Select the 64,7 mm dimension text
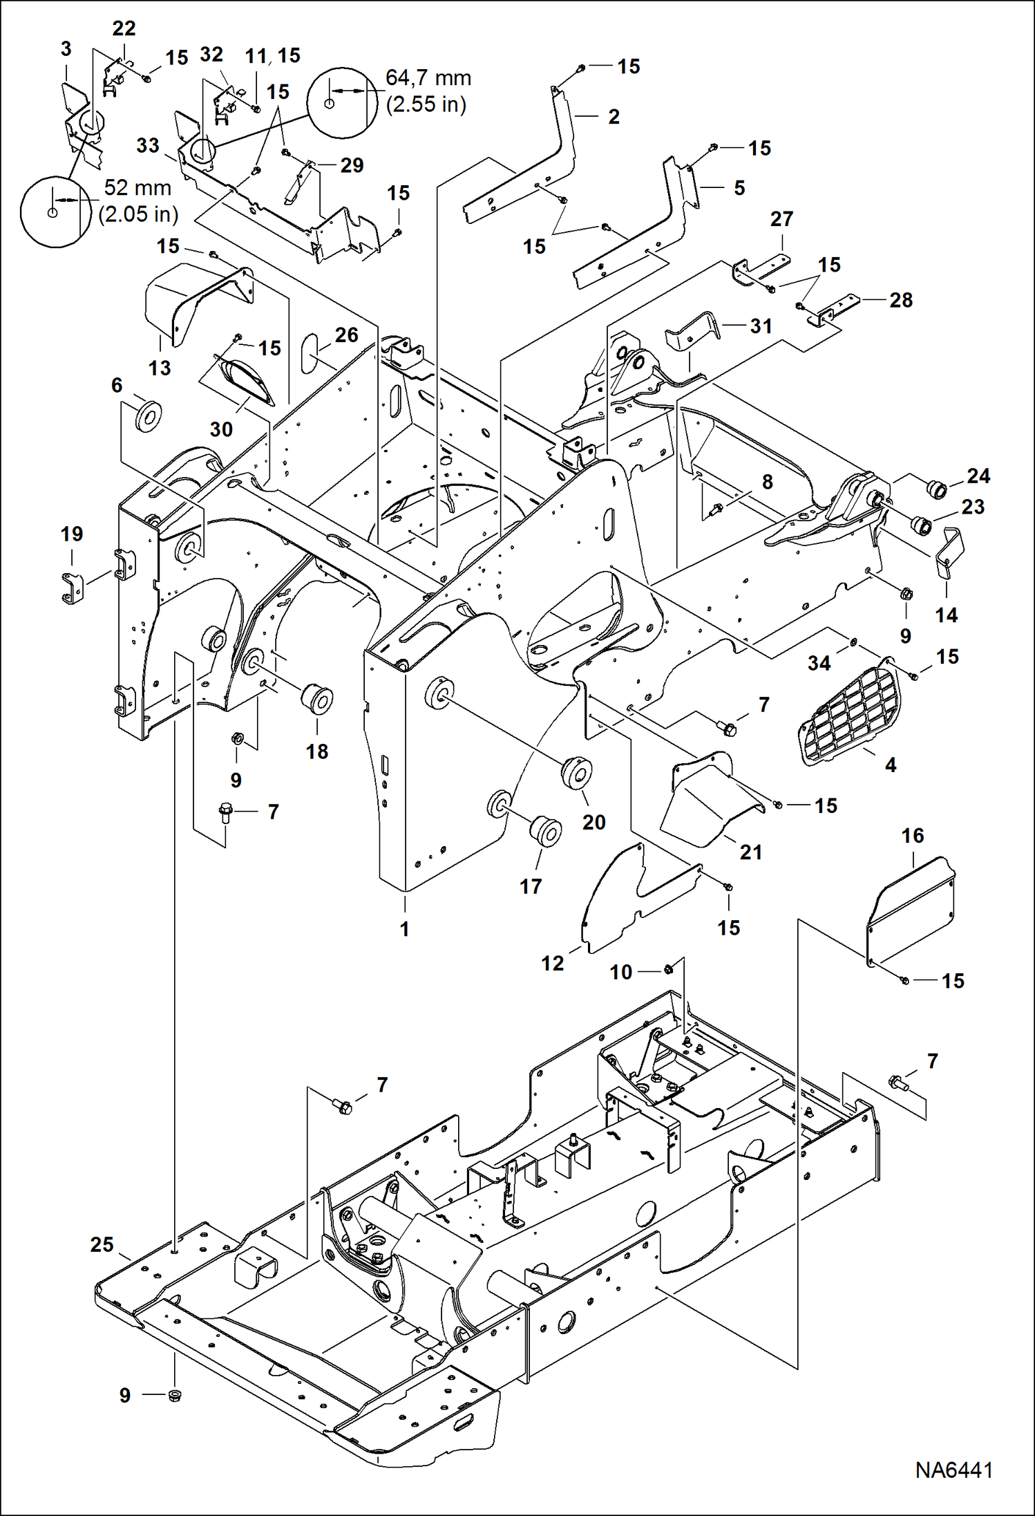coord(428,78)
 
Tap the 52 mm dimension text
coord(137,188)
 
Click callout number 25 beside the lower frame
coord(102,1245)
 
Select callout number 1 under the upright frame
coord(405,929)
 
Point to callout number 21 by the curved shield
coord(751,852)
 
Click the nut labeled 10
coord(668,969)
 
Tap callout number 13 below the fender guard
coord(160,368)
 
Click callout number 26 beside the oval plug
coord(347,335)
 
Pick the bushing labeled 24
coord(938,488)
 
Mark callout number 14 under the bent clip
coord(946,615)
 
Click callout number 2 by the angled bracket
coord(614,117)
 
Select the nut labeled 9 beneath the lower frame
coord(175,1394)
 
